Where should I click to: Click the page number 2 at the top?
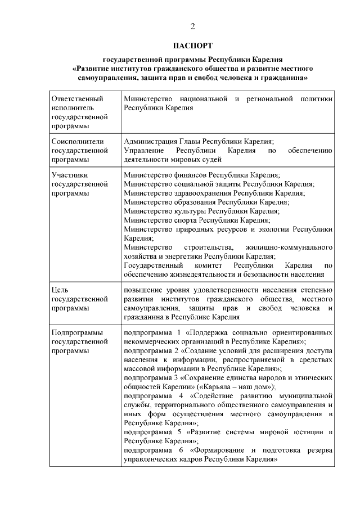tap(193, 26)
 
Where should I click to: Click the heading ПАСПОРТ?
tap(193, 44)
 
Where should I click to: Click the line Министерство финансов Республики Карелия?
tap(202, 175)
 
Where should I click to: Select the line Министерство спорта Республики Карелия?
tap(197, 220)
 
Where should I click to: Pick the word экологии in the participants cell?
tap(268, 229)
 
